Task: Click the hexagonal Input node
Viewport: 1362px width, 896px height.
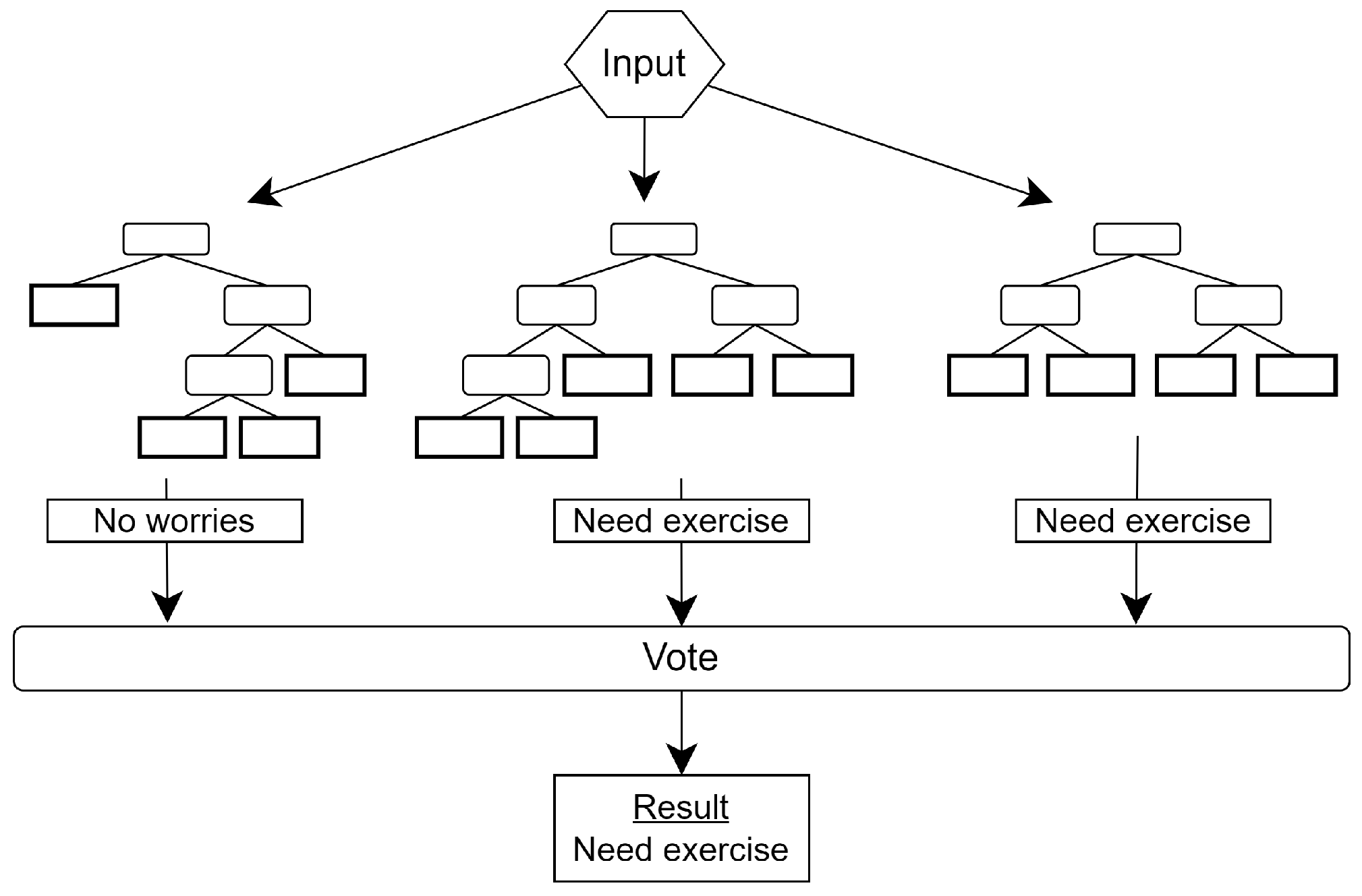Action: pyautogui.click(x=644, y=63)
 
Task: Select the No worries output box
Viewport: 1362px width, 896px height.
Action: pyautogui.click(x=174, y=521)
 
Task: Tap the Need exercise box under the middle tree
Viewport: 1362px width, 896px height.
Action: pyautogui.click(x=681, y=521)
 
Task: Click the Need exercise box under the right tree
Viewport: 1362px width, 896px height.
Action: pyautogui.click(x=1142, y=521)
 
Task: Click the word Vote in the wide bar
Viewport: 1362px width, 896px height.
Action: pyautogui.click(x=680, y=657)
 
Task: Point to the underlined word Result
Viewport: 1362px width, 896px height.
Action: pyautogui.click(x=681, y=807)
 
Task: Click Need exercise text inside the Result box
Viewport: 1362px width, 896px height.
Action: pyautogui.click(x=681, y=849)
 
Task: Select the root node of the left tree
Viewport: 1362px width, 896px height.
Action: pyautogui.click(x=166, y=239)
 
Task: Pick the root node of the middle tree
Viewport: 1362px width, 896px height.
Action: pyautogui.click(x=653, y=239)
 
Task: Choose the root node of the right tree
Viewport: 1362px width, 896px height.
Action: pyautogui.click(x=1137, y=239)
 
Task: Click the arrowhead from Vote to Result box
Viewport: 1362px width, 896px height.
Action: pyautogui.click(x=681, y=758)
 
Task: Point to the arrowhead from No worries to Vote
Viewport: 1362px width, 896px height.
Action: pyautogui.click(x=167, y=605)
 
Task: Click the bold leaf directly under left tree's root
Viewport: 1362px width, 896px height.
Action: pyautogui.click(x=74, y=305)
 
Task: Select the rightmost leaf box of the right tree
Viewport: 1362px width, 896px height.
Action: pyautogui.click(x=1297, y=375)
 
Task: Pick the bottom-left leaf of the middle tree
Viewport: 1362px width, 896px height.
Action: pyautogui.click(x=459, y=437)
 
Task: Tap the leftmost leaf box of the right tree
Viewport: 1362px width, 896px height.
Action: pyautogui.click(x=988, y=375)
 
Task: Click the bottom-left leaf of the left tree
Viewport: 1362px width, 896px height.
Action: pyautogui.click(x=182, y=437)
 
